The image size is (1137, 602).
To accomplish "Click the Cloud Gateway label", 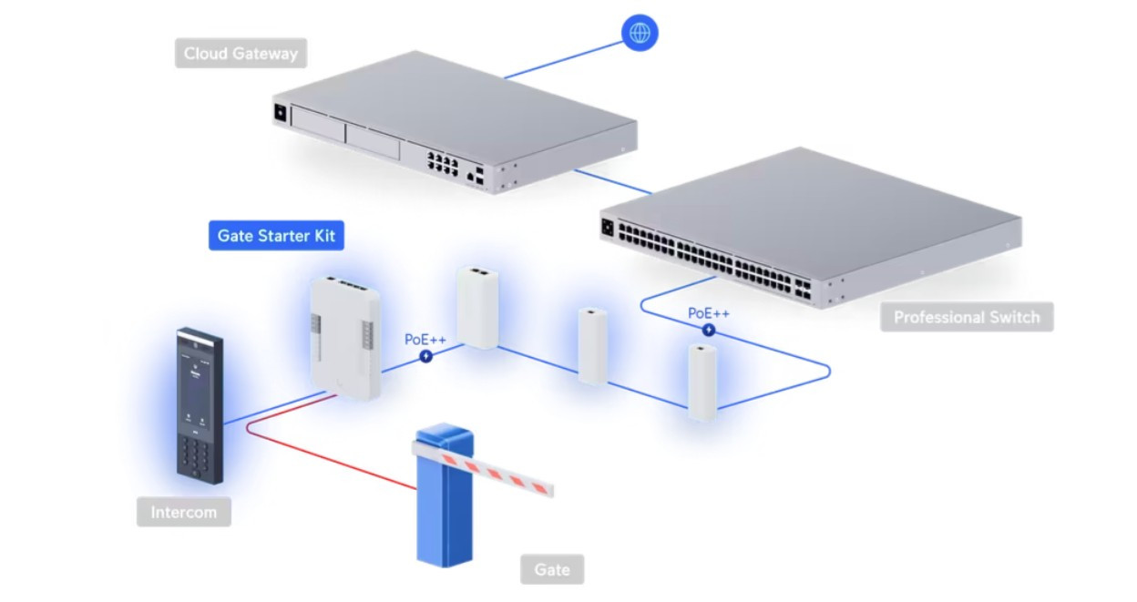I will click(x=241, y=53).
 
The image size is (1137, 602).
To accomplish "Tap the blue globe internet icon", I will click(x=640, y=33).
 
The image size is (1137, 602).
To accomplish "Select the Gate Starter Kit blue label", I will click(x=276, y=237).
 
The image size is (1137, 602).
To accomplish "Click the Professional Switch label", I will click(x=966, y=317).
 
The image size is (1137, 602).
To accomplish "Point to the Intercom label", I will click(x=183, y=512).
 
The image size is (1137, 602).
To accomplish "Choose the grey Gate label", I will click(x=552, y=570).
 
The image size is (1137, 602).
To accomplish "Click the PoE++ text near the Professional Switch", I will click(x=708, y=312).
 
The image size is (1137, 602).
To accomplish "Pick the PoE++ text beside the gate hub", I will click(x=425, y=340).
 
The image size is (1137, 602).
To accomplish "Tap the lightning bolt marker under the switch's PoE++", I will click(x=708, y=330).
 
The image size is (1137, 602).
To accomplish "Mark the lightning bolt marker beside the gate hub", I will click(x=425, y=357).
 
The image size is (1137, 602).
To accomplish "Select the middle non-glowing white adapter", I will click(x=592, y=345).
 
